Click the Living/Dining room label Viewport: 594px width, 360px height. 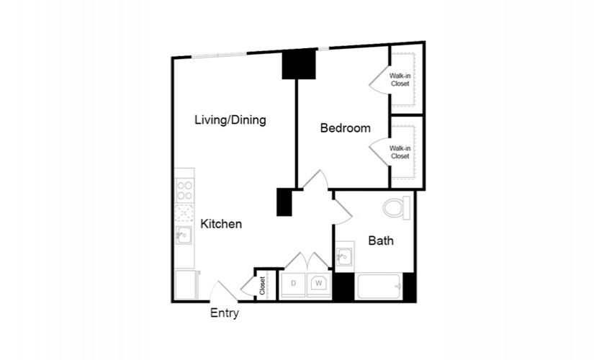[230, 120]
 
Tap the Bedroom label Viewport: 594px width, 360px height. [346, 128]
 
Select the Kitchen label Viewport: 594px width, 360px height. [221, 224]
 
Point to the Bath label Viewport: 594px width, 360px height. [381, 240]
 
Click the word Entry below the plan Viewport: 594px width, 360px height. [225, 313]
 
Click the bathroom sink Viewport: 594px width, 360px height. [345, 257]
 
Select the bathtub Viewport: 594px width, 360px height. [379, 287]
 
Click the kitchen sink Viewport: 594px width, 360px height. [184, 235]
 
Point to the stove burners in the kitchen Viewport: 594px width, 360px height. [185, 191]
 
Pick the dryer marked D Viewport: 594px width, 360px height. [293, 285]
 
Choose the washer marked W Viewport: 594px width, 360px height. [319, 285]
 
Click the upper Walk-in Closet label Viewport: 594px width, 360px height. [400, 80]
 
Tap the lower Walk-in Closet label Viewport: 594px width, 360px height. [400, 153]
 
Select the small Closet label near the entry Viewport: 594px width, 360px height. [263, 286]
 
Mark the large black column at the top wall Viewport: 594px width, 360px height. [299, 64]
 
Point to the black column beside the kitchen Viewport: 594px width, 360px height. [284, 202]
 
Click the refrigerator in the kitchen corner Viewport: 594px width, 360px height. [186, 285]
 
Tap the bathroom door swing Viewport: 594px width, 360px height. [343, 212]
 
